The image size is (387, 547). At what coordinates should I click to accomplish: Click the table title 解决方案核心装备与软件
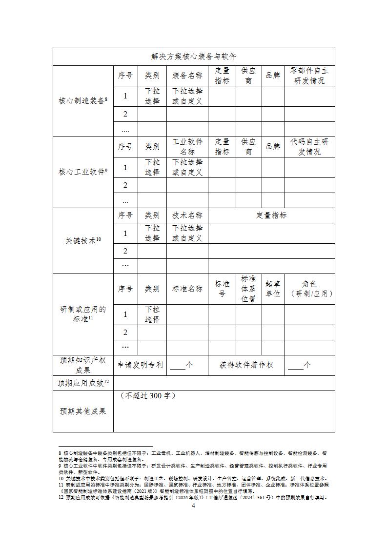pos(194,57)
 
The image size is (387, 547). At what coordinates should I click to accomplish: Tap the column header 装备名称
pos(187,76)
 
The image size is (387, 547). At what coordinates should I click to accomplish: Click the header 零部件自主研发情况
pos(309,76)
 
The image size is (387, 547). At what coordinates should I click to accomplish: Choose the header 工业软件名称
pos(187,147)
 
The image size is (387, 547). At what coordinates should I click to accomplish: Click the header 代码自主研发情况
pos(309,147)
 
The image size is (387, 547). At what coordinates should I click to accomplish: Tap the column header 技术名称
pos(187,215)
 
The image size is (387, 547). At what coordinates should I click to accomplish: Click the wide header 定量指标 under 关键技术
pos(271,215)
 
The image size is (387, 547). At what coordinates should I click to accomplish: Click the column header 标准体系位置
pos(248,289)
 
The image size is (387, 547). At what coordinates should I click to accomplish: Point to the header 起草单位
pos(273,289)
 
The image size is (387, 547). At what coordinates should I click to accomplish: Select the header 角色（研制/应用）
pos(309,289)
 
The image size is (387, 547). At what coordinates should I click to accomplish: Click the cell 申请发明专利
pos(141,365)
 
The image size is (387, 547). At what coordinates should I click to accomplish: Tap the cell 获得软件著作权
pos(246,365)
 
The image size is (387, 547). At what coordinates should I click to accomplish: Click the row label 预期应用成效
pos(82,383)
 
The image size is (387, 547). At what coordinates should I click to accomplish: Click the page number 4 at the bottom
pos(193,506)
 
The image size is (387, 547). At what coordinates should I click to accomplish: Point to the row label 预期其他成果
pos(82,411)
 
